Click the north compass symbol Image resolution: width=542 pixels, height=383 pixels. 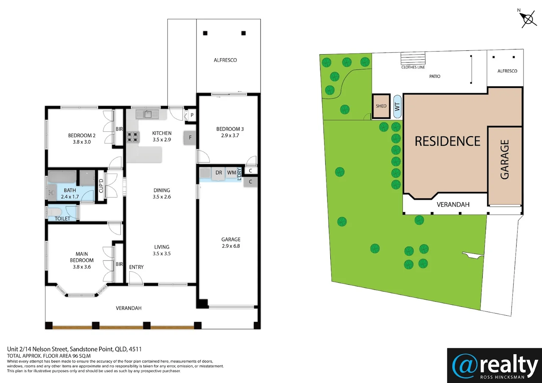[x=528, y=19]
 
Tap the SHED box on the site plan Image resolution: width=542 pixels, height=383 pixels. [x=381, y=106]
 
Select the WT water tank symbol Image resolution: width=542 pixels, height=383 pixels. [x=397, y=106]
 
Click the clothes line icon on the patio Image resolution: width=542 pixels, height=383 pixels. [x=413, y=59]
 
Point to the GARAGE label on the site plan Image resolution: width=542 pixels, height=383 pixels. [x=504, y=159]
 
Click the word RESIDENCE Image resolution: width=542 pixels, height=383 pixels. [x=447, y=141]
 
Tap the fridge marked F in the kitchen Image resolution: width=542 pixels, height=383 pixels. [x=190, y=138]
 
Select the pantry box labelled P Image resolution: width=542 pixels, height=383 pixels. [x=192, y=115]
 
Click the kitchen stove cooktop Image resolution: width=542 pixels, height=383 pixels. [x=133, y=137]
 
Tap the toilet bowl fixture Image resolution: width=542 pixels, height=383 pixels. [x=54, y=212]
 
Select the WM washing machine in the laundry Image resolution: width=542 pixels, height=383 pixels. [x=231, y=173]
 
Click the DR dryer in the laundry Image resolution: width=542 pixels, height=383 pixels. [x=219, y=173]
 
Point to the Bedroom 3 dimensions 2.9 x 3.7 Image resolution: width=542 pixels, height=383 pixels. [x=230, y=135]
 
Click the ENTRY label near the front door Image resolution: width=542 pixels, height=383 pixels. [x=136, y=267]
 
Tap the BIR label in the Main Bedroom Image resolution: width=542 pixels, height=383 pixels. [x=119, y=264]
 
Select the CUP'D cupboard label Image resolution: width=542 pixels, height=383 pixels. [x=101, y=185]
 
